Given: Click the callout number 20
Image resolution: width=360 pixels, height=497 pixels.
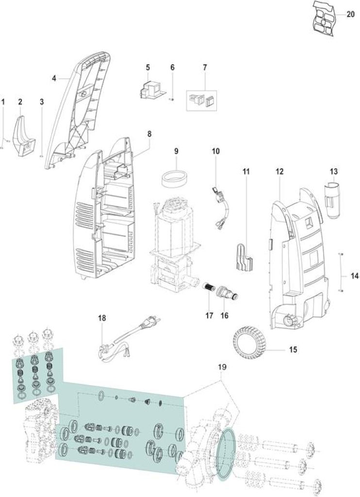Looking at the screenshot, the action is [350, 15].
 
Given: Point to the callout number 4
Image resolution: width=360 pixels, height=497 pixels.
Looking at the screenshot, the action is [54, 78].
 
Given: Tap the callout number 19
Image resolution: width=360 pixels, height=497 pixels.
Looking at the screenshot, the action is [223, 367].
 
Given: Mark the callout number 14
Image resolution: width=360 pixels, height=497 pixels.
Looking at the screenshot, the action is [355, 276].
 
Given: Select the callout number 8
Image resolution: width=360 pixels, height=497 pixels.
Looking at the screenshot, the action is [149, 134].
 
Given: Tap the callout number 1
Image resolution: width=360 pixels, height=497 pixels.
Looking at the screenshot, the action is [3, 102].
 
